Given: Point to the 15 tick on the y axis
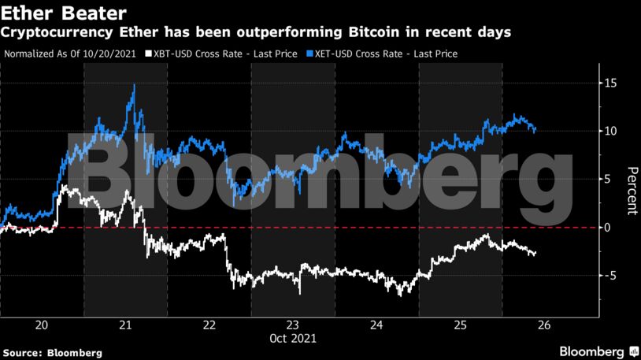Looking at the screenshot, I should coord(610,83).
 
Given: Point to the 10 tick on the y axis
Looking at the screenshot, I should coord(610,131).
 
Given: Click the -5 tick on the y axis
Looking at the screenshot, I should coord(610,275).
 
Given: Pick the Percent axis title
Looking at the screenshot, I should coord(631,191).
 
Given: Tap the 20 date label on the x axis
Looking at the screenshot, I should coord(43,325).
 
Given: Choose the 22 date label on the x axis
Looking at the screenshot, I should coord(209,325).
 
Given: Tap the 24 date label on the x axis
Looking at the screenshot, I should coord(376,325).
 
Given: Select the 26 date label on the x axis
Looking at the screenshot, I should coord(543,325).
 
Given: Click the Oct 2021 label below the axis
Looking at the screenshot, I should coord(292,340).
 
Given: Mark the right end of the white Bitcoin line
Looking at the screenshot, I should coord(535,254).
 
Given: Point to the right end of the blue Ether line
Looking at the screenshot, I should coord(535,129).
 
